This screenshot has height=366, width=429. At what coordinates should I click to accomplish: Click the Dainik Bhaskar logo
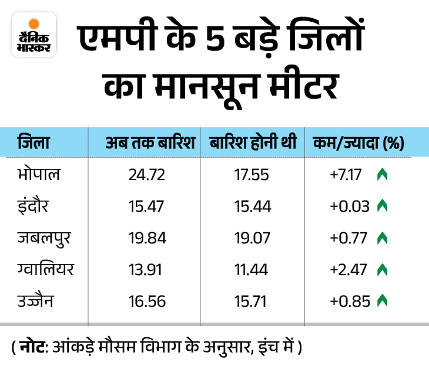pos(34,35)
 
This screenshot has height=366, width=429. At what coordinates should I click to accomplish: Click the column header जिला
pos(33,143)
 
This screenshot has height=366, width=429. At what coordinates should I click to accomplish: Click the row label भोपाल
pos(39,174)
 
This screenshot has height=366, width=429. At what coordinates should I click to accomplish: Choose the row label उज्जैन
pos(36,301)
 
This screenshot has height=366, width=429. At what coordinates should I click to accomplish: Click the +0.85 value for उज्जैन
pos(351,301)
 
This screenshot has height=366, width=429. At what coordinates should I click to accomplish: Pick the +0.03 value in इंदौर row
pos(351,206)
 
